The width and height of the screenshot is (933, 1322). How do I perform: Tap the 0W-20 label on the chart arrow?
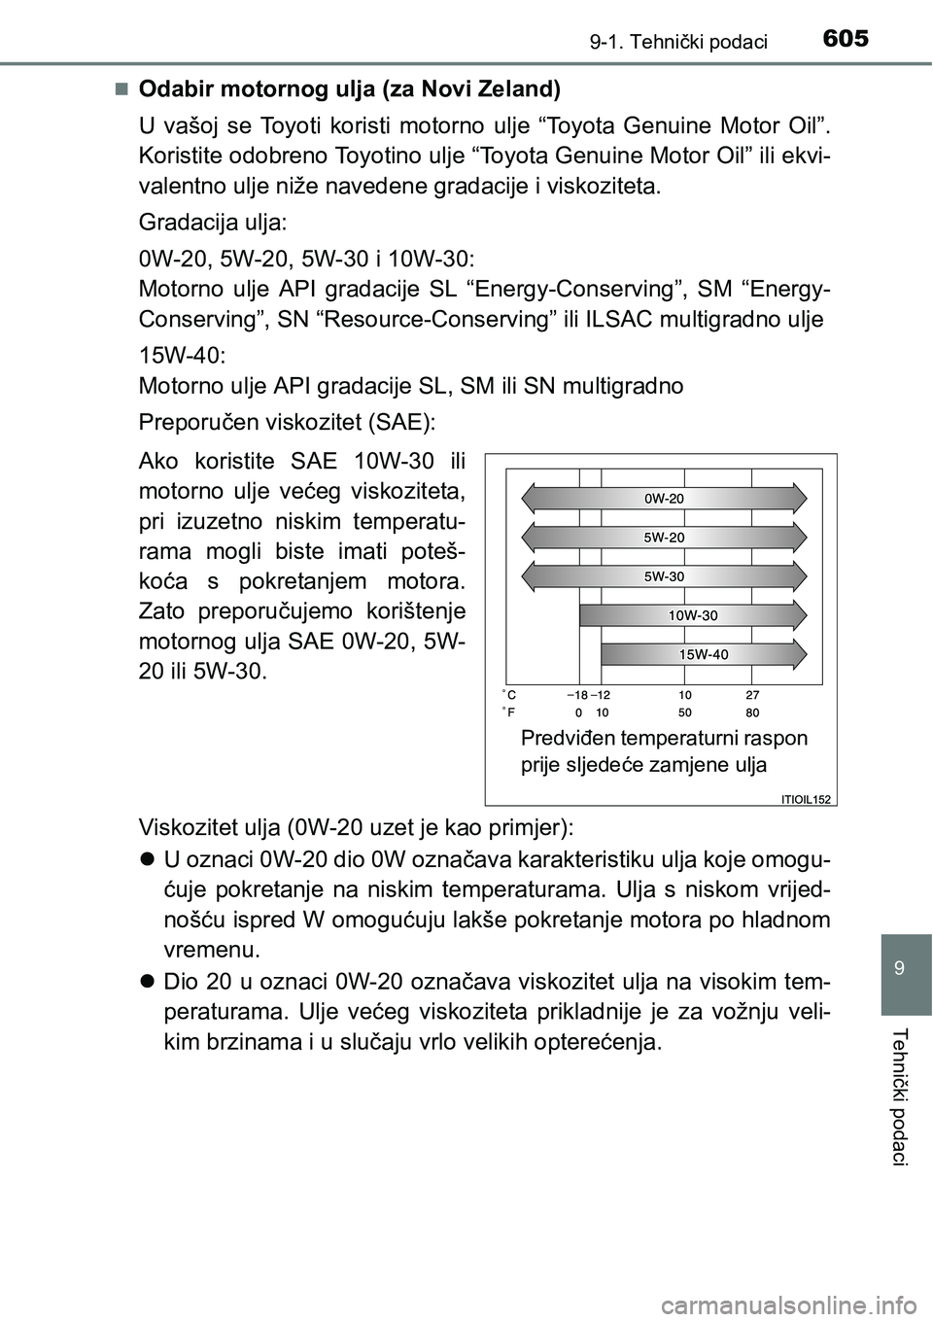coord(665,498)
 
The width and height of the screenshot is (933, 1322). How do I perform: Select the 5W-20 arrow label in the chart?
coord(665,537)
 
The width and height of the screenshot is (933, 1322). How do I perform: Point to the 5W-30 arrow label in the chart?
coord(665,575)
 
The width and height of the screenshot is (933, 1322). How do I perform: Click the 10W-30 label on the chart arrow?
coord(693,615)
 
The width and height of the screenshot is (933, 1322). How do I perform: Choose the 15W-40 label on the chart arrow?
coord(704,654)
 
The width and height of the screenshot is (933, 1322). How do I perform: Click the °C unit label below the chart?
coord(509,695)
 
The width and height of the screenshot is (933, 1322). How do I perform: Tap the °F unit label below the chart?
coord(509,712)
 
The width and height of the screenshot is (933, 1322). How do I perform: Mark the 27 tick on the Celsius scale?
coord(752,695)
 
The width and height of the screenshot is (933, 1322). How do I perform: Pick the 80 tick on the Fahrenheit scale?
coord(752,712)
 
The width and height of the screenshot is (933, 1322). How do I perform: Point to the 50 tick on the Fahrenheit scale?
coord(685,712)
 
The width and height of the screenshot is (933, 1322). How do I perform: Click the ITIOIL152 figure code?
coord(806,799)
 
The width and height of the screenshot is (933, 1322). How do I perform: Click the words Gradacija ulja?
coord(213,222)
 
